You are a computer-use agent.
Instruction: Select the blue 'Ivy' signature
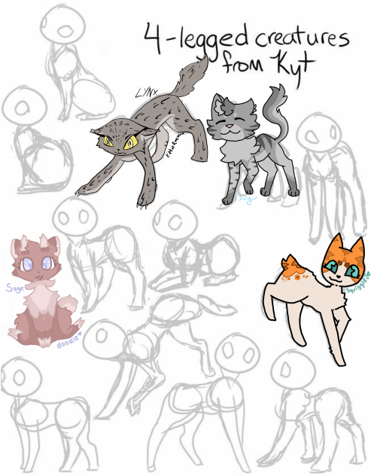[x=246, y=197]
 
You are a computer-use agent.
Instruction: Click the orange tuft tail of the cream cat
[x=289, y=264]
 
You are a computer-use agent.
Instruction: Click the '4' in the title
[x=157, y=36]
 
